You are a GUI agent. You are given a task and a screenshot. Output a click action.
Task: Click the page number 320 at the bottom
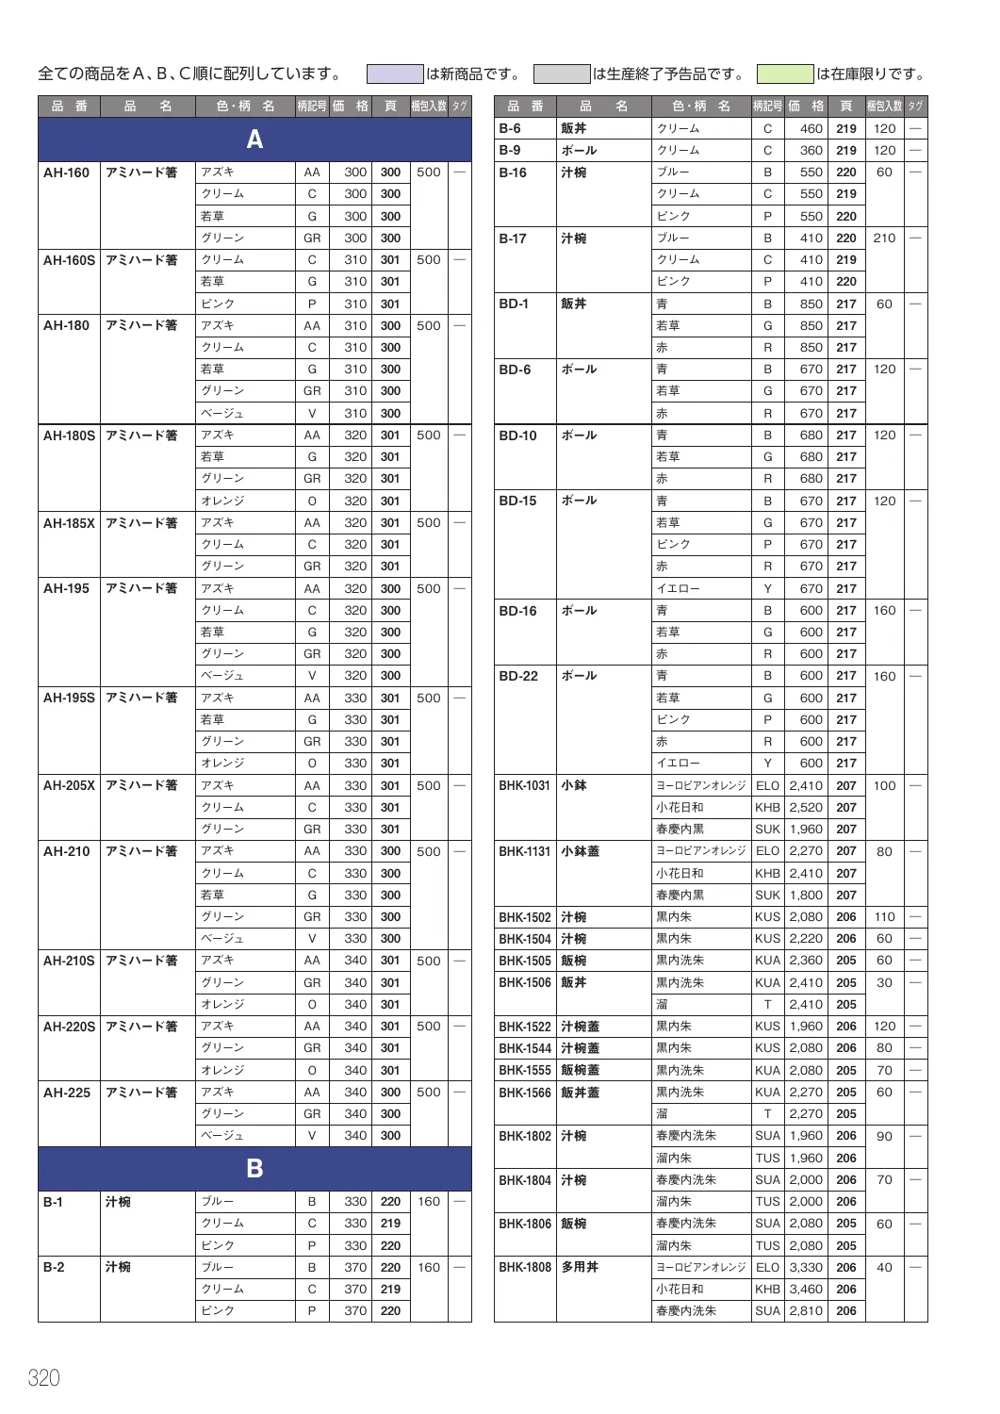[x=44, y=1377]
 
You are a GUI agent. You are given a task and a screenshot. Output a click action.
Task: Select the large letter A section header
[x=254, y=140]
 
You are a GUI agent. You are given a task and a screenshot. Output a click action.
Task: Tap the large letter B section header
[x=254, y=1168]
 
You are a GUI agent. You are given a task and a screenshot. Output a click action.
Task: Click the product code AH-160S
[x=69, y=260]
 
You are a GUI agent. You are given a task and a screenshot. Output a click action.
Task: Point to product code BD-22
[x=518, y=676]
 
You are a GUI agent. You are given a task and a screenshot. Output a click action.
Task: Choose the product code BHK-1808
[x=525, y=1267]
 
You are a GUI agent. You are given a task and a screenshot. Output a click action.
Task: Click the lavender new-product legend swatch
[x=394, y=74]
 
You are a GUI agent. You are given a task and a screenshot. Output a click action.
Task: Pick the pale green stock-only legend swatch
[x=785, y=74]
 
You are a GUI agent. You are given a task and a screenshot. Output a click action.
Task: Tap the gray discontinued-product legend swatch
[x=562, y=74]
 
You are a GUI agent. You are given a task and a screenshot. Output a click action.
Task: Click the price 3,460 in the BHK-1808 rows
[x=806, y=1289]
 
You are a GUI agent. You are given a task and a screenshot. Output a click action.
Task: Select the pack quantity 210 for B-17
[x=884, y=238]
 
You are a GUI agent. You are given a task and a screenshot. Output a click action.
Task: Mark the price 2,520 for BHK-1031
[x=806, y=807]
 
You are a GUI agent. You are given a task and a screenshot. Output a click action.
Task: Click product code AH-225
[x=67, y=1093]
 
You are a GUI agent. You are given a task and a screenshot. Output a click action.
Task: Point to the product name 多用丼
[x=581, y=1267]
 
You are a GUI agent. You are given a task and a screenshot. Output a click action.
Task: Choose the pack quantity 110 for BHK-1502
[x=884, y=916]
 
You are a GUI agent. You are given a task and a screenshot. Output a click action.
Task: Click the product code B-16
[x=513, y=173]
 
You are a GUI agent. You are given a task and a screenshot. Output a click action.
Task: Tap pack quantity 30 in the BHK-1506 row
[x=884, y=982]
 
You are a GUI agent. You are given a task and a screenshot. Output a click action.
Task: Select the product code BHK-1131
[x=525, y=851]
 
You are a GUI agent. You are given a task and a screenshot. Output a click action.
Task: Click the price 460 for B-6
[x=811, y=128]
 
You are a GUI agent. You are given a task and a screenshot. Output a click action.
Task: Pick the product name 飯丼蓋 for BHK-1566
[x=581, y=1093]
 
